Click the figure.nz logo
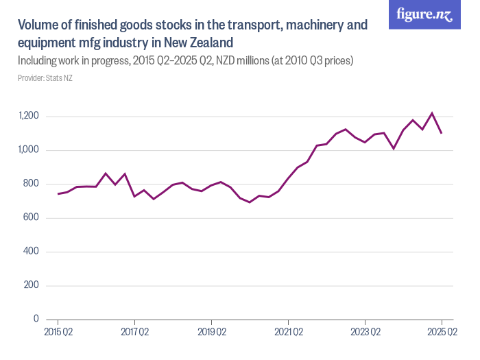click(424, 14)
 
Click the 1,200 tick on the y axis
click(29, 116)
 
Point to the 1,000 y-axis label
click(29, 150)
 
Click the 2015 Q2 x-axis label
click(58, 333)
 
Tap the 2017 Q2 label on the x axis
click(135, 333)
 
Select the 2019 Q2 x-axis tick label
click(212, 333)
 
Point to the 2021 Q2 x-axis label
click(289, 333)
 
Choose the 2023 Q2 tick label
click(365, 333)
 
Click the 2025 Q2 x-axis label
click(442, 333)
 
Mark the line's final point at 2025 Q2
click(442, 134)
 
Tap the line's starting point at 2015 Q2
click(58, 194)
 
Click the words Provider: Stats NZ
click(45, 78)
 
